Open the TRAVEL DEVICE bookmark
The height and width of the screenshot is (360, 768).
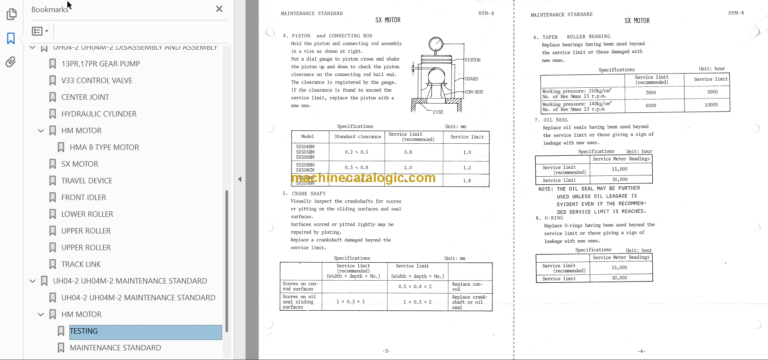pos(87,180)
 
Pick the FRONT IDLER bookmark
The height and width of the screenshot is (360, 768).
pos(83,197)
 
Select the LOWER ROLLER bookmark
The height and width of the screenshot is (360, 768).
pos(87,214)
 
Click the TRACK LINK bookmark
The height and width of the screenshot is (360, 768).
pos(81,264)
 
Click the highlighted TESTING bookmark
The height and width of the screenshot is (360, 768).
pos(84,331)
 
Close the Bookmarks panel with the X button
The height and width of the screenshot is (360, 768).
pos(220,9)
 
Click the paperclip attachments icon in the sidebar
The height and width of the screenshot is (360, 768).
pos(11,61)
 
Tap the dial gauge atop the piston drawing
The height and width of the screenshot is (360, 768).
pos(437,46)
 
